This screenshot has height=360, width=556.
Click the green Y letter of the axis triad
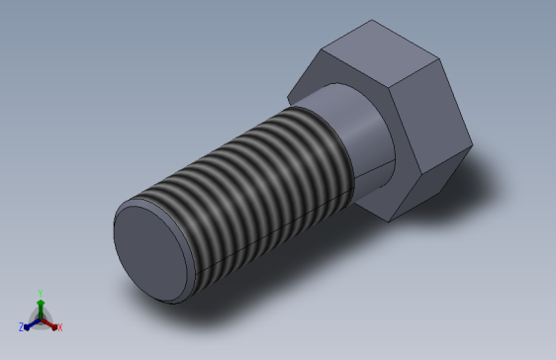click(x=40, y=292)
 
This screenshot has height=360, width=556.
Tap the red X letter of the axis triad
click(x=59, y=326)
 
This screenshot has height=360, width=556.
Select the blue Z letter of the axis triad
click(x=21, y=326)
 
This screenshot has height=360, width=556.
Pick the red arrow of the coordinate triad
click(x=50, y=322)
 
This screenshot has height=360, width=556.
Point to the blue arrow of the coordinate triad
click(x=30, y=322)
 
